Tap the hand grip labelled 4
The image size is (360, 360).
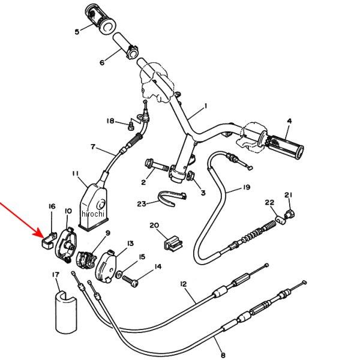(x=283, y=146)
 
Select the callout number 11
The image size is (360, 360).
(x=76, y=174)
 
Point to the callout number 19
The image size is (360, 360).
(x=247, y=188)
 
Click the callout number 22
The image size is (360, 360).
(x=269, y=203)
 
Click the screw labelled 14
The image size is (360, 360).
(x=136, y=280)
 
